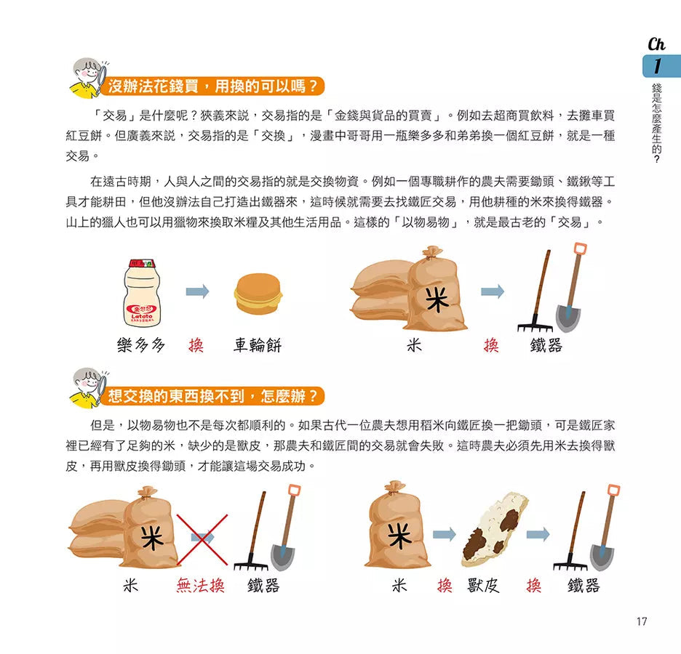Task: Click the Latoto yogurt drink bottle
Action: [x=142, y=293]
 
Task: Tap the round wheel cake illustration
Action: [x=258, y=294]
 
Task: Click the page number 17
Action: [x=642, y=621]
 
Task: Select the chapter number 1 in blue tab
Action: [x=658, y=66]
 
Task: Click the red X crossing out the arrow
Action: [x=202, y=539]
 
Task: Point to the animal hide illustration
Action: [x=495, y=529]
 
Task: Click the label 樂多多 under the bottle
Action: [x=141, y=345]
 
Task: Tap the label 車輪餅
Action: [x=258, y=345]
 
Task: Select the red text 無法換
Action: [x=201, y=586]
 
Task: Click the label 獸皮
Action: [x=483, y=586]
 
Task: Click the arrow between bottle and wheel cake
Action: [x=198, y=291]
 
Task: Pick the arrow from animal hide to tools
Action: [x=538, y=534]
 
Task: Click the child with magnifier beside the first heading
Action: [x=88, y=78]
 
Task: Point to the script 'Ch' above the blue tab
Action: [x=656, y=44]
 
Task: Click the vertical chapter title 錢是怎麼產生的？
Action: [x=657, y=123]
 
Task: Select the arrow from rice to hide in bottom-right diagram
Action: [x=445, y=534]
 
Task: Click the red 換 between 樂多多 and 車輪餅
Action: [x=196, y=345]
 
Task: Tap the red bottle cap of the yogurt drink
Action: [x=142, y=263]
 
